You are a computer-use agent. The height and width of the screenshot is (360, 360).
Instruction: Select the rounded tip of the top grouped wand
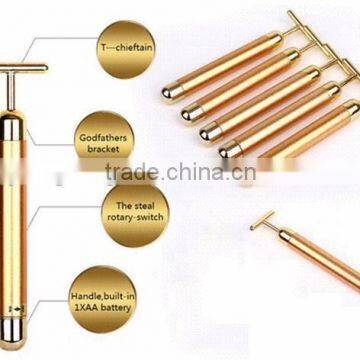click(170, 92)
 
